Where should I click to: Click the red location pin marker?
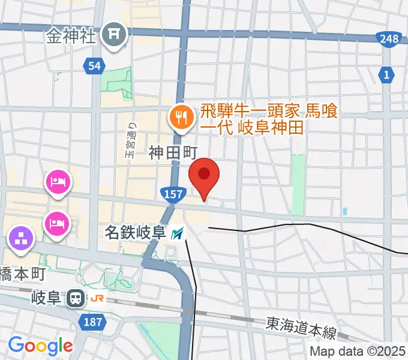click(204, 175)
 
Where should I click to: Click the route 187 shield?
click(93, 323)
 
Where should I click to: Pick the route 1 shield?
click(387, 74)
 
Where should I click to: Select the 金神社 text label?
click(70, 37)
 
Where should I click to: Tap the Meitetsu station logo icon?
click(178, 233)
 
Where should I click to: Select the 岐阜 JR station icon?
click(76, 297)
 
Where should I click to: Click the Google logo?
click(40, 346)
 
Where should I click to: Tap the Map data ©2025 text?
click(358, 352)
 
